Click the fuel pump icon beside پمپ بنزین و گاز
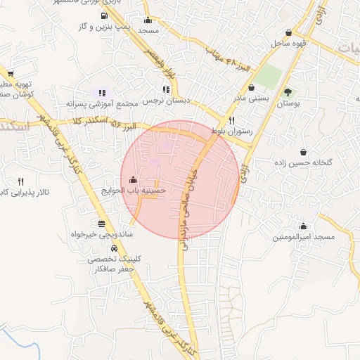coord(104,15)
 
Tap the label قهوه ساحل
coord(288,44)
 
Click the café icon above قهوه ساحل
coord(289,33)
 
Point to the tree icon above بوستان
coord(287,92)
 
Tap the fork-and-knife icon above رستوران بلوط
coord(231,120)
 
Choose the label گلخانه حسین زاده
coord(303,163)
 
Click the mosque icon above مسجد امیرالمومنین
coord(303,226)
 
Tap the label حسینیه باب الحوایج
coord(134,191)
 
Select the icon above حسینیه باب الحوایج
coord(134,180)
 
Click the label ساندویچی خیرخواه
coord(102,234)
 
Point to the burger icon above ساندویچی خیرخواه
coord(102,224)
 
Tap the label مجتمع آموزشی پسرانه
coord(101,104)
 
